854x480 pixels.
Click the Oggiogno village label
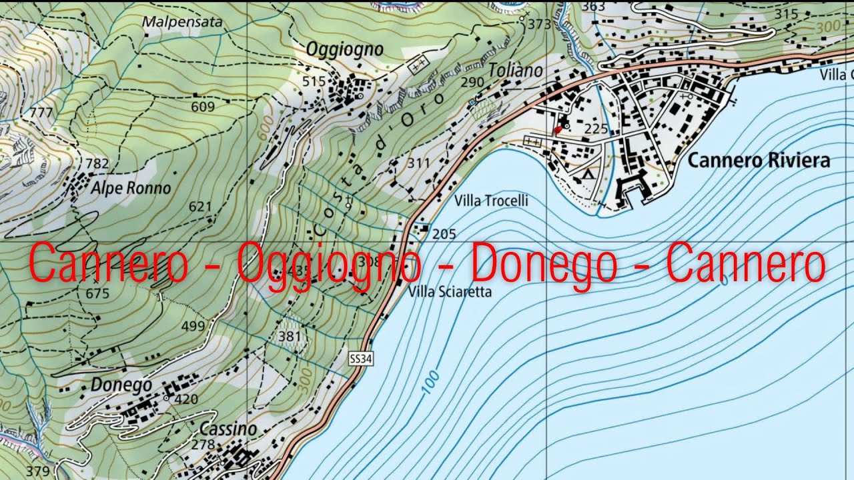point(345,49)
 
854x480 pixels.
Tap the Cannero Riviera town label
point(759,161)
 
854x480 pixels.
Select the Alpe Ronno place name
point(131,188)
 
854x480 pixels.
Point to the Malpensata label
point(182,21)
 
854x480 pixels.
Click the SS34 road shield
point(360,359)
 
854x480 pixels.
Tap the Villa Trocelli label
point(491,201)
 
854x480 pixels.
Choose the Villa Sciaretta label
point(450,291)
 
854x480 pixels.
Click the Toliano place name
point(515,70)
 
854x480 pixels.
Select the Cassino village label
point(228,429)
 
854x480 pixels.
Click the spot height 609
point(202,107)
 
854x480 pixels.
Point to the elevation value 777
point(41,113)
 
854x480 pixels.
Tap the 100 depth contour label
point(431,381)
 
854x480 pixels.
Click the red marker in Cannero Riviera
point(558,130)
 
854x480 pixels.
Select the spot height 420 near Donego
point(186,399)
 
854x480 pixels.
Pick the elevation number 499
point(193,326)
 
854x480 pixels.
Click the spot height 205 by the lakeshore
point(444,234)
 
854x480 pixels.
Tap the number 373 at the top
point(539,25)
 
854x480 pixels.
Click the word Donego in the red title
point(544,265)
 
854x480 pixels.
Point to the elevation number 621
point(200,207)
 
